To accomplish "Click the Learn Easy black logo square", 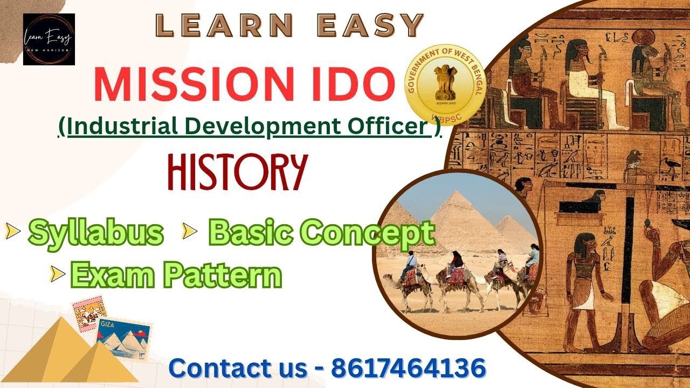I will [49, 39].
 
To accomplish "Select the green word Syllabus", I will [96, 232].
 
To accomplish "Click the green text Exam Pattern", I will [176, 275].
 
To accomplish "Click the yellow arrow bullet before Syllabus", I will [12, 232].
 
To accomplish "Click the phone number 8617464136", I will [408, 368].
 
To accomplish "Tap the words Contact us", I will [237, 368].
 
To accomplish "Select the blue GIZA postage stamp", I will [123, 337].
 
